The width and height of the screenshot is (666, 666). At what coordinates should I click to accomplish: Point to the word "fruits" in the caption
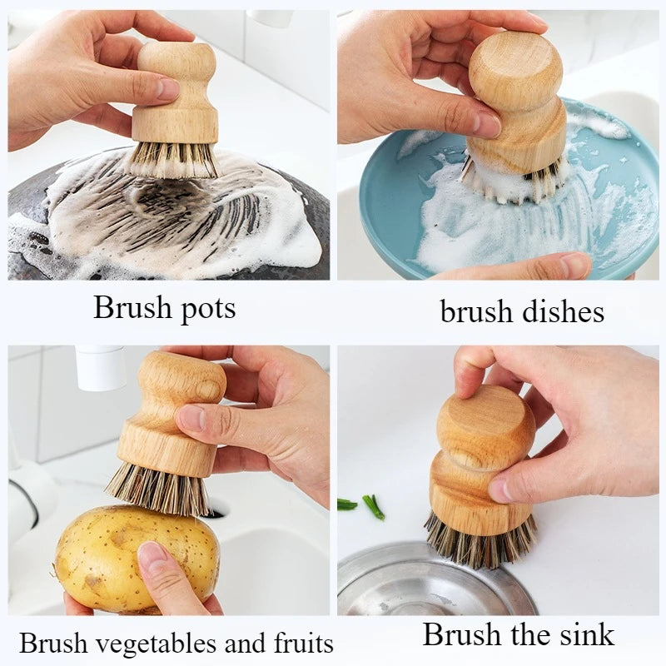tap(297, 643)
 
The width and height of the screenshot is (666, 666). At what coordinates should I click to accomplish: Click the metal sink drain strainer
tap(416, 583)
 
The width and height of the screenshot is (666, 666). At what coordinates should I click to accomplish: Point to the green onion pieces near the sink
tap(366, 505)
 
